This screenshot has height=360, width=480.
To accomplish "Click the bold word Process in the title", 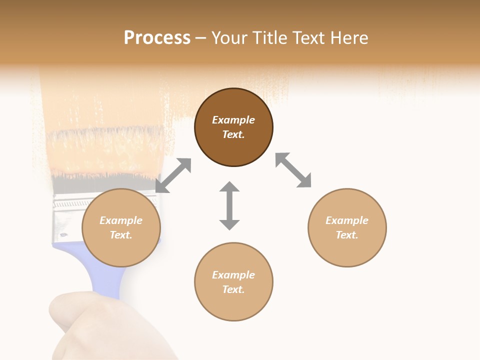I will tap(157, 38).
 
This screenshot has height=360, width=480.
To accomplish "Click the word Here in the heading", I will tap(349, 38).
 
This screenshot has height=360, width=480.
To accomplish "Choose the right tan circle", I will tap(347, 227).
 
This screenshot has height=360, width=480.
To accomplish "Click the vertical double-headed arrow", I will tap(229, 205).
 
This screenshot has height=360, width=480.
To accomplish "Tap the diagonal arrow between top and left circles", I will tap(173, 175).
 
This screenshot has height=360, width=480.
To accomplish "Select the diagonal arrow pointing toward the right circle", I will tap(293, 170).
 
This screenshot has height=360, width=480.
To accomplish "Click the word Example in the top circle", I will tap(233, 120).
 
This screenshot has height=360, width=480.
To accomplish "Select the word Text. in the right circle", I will tap(347, 235).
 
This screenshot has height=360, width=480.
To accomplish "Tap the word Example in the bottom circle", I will tap(233, 275).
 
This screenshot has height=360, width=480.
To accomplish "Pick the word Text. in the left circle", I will tap(121, 235).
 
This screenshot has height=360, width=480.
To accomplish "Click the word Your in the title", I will tap(230, 38).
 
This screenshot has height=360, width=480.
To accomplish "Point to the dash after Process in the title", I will tap(200, 38).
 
